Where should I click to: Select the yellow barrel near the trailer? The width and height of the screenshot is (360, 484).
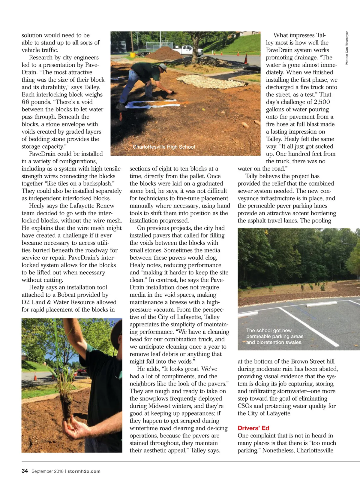133,55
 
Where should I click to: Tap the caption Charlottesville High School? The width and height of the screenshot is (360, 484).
164,147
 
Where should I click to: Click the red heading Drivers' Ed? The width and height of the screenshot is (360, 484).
253,428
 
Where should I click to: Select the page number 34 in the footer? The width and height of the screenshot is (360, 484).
25,471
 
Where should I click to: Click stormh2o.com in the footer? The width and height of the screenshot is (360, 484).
84,471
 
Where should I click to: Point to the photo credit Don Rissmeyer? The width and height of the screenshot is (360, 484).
347,48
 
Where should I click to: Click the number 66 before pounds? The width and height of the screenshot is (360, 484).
25,102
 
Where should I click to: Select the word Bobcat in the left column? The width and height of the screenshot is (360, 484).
70,295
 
